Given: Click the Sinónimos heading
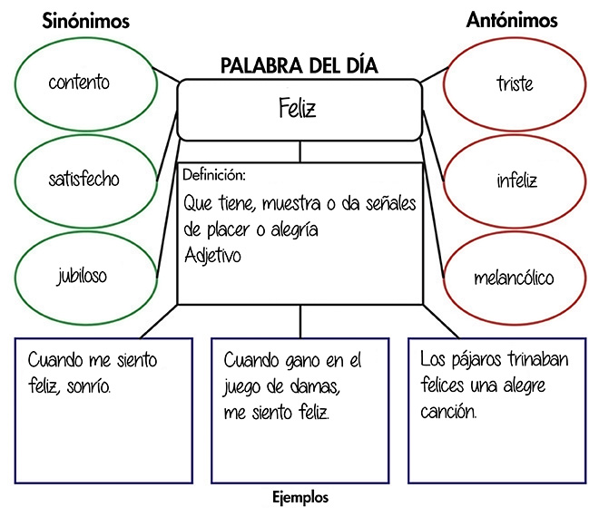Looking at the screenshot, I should [x=86, y=21].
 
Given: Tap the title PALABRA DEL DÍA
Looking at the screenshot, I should [x=299, y=66].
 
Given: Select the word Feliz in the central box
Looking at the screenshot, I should [x=299, y=110].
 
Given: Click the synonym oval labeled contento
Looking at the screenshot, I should [x=80, y=83].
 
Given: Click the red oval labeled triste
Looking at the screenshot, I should [x=515, y=84].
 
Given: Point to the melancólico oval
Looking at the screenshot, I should [x=514, y=278].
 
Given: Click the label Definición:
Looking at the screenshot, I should [x=214, y=175].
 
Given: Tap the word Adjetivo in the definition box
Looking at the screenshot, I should [x=212, y=256].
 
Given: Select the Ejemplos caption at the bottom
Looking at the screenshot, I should [x=300, y=498].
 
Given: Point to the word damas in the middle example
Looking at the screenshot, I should [x=310, y=386].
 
